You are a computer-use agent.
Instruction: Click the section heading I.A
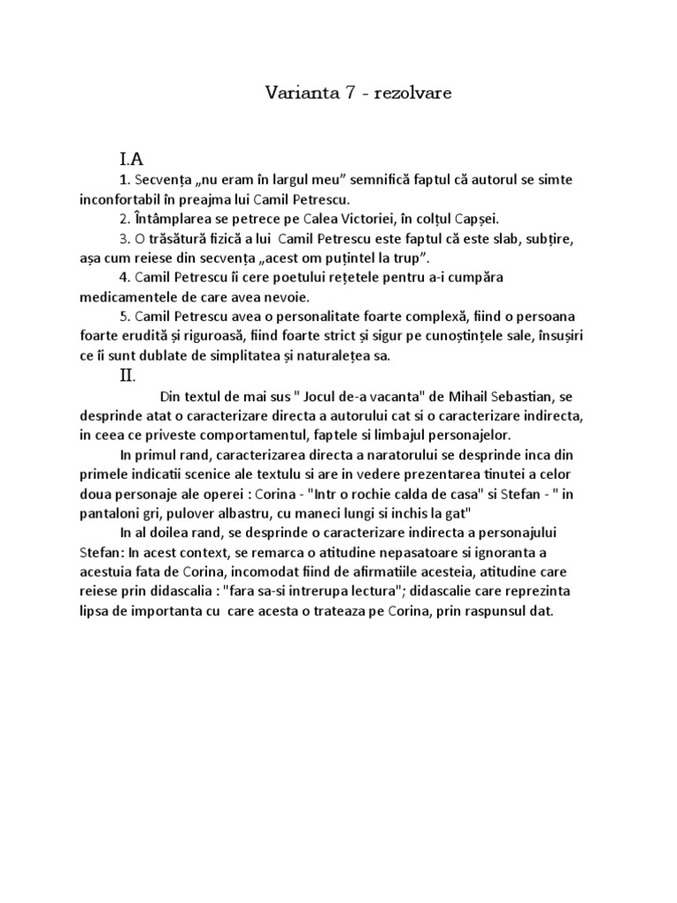tap(131, 159)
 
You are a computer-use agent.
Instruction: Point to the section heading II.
tap(128, 376)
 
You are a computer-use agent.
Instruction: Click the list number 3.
tap(123, 238)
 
